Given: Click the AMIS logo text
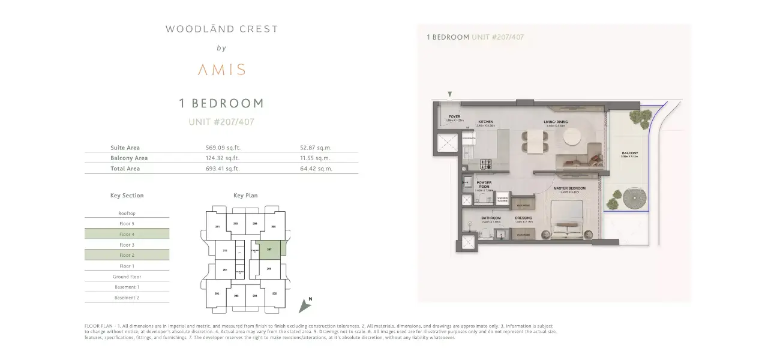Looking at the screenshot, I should [221, 70].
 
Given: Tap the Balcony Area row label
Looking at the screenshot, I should [129, 158].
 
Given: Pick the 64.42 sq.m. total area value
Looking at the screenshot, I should [316, 169].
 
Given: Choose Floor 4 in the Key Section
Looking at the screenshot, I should [127, 234].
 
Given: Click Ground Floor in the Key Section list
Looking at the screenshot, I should [127, 277].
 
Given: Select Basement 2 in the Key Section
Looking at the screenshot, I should [127, 298].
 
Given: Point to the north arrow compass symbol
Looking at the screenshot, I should [306, 305].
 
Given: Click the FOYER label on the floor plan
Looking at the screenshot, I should [454, 117].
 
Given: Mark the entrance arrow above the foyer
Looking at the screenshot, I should [450, 94].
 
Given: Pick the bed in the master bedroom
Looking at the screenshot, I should [568, 220].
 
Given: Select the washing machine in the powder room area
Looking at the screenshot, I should [503, 200].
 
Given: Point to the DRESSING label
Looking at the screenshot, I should [523, 218].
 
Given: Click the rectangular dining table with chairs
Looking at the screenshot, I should [534, 140].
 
